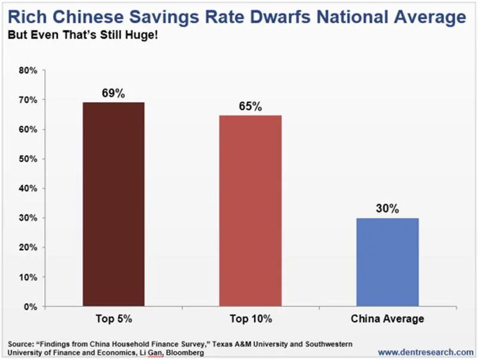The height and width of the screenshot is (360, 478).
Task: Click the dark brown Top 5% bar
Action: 114,204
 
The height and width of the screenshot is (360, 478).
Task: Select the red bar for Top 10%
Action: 250,211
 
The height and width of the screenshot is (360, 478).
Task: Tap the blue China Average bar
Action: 387,262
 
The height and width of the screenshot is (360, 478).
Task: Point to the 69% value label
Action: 114,93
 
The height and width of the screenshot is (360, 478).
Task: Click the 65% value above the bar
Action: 250,106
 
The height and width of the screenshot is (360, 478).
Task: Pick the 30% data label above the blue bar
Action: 387,208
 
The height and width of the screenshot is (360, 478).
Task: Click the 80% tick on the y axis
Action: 28,70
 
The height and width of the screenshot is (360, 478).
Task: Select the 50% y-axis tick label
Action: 28,159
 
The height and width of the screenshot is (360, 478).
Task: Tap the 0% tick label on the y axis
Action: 31,307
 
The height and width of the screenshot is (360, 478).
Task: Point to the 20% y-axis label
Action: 28,247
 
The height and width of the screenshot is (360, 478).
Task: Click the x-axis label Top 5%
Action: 114,319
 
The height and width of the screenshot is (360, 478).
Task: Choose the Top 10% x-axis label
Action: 250,319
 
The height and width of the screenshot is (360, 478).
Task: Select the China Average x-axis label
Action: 387,319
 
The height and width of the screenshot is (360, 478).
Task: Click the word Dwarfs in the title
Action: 280,17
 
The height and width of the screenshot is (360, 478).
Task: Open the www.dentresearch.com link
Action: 425,352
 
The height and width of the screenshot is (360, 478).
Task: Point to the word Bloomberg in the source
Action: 185,353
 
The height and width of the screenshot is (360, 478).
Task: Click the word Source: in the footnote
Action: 21,344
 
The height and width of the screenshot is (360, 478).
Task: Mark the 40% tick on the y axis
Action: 28,189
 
